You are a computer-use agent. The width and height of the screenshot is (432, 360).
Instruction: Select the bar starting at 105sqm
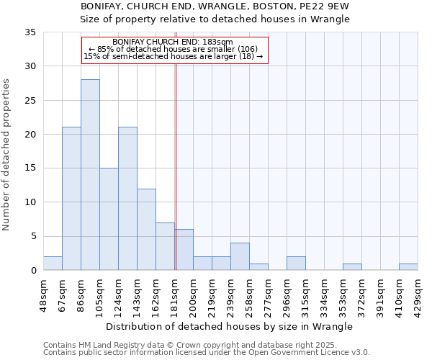109,219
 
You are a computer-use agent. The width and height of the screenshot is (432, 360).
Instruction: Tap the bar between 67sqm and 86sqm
71,199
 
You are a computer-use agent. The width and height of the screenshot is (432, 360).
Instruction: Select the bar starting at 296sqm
296,264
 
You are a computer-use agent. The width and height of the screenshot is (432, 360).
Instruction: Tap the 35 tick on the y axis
30,32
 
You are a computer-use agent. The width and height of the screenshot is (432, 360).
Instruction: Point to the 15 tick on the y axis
30,168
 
